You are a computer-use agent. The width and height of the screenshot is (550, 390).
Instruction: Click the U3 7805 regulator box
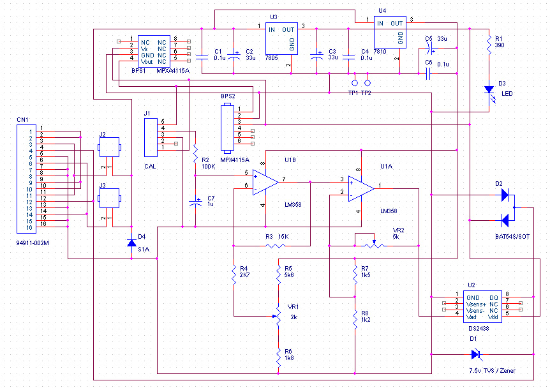[x=281, y=38]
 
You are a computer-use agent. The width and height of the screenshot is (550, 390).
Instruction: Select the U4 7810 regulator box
[x=390, y=33]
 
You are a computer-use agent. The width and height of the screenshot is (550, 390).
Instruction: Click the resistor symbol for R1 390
[x=489, y=44]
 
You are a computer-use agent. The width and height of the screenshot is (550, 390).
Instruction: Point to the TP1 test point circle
[x=355, y=83]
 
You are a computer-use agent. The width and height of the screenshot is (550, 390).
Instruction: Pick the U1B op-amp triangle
[x=265, y=182]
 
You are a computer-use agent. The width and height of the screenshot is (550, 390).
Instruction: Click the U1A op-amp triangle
[x=361, y=189]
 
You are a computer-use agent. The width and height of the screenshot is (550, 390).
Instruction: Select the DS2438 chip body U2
[x=482, y=307]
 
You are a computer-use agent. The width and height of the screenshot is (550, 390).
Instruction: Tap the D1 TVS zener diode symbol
[x=476, y=354]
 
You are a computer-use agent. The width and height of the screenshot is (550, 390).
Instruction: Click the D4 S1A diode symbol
[x=131, y=243]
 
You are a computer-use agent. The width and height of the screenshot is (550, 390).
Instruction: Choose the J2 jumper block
[x=110, y=147]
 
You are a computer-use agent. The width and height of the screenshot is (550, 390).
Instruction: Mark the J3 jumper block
[x=110, y=199]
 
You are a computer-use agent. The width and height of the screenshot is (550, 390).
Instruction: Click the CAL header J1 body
[x=151, y=138]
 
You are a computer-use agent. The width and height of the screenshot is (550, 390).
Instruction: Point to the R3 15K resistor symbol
[x=276, y=246]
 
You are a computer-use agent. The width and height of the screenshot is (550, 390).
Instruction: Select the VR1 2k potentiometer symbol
[x=278, y=317]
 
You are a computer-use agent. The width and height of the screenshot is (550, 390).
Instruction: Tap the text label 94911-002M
[x=33, y=243]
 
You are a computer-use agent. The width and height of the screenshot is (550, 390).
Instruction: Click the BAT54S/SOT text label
[x=512, y=237]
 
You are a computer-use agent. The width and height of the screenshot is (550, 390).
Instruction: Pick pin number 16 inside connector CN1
[x=29, y=227]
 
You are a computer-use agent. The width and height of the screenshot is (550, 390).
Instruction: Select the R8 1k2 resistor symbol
[x=355, y=319]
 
